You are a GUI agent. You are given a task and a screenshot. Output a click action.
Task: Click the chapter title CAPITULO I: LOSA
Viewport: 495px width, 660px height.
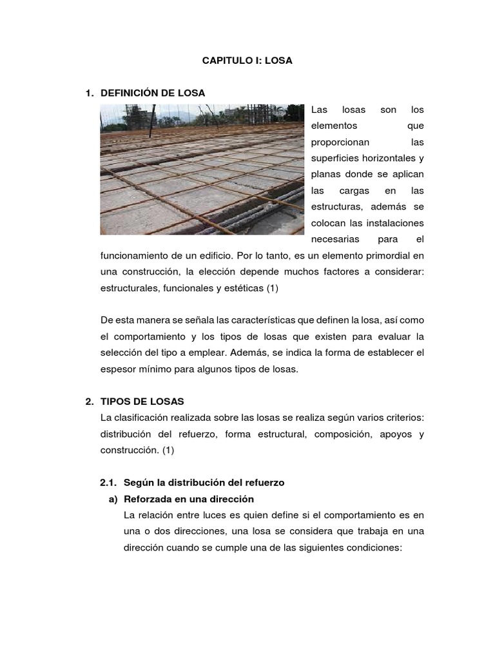[248, 61]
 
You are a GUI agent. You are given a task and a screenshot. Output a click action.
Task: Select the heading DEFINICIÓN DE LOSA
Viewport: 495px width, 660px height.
[153, 93]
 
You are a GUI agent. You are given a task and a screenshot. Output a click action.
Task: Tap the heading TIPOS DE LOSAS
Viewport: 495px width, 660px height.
[142, 402]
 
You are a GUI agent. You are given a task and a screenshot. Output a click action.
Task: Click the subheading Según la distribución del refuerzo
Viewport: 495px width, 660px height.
[204, 482]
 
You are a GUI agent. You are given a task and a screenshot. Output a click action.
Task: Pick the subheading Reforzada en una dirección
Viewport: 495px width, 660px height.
[189, 499]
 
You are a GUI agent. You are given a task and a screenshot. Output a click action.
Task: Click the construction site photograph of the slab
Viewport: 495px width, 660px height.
[202, 170]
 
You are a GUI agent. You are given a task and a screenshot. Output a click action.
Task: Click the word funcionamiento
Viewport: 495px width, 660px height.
[139, 256]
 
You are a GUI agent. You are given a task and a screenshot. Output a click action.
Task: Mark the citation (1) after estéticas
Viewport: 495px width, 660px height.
[272, 288]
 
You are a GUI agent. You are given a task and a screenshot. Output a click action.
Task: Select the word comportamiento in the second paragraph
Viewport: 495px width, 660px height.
[155, 336]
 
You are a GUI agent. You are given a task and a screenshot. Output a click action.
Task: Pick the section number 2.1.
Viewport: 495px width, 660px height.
[109, 482]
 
